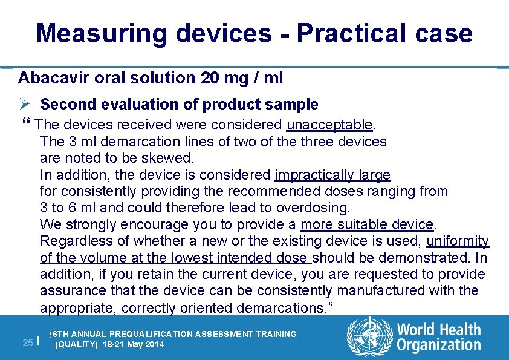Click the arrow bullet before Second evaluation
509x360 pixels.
(x=24, y=105)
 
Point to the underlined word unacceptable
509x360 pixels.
(x=330, y=125)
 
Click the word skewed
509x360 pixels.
(x=171, y=159)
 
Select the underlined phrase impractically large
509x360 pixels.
(x=332, y=175)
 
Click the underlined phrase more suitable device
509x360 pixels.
(x=368, y=225)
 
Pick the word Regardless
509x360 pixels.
(x=73, y=241)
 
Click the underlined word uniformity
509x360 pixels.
(x=458, y=241)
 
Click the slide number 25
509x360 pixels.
(x=27, y=342)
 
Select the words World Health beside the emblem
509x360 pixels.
(x=439, y=330)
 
